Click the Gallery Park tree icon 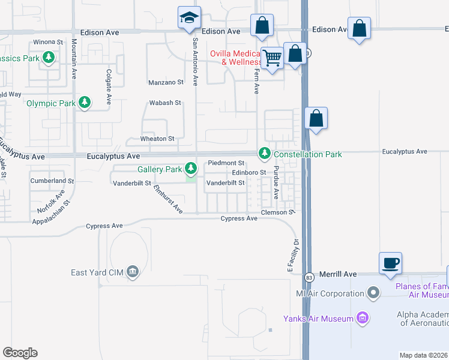coord(191,167)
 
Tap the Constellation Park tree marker coord(264,154)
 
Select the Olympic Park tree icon coord(85,103)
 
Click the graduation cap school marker coord(189,18)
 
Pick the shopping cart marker coord(273,58)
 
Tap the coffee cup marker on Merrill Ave coord(390,263)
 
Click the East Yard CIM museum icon coord(133,273)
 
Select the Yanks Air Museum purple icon coord(362,317)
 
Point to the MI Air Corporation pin coord(374,293)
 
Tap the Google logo coord(20,353)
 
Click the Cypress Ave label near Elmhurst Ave coord(104,226)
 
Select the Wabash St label coord(164,103)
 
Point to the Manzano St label coord(165,82)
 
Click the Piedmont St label coord(226,163)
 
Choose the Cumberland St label coord(52,180)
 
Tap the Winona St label coord(48,42)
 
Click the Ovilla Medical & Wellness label coord(237,58)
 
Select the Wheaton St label coord(157,139)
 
